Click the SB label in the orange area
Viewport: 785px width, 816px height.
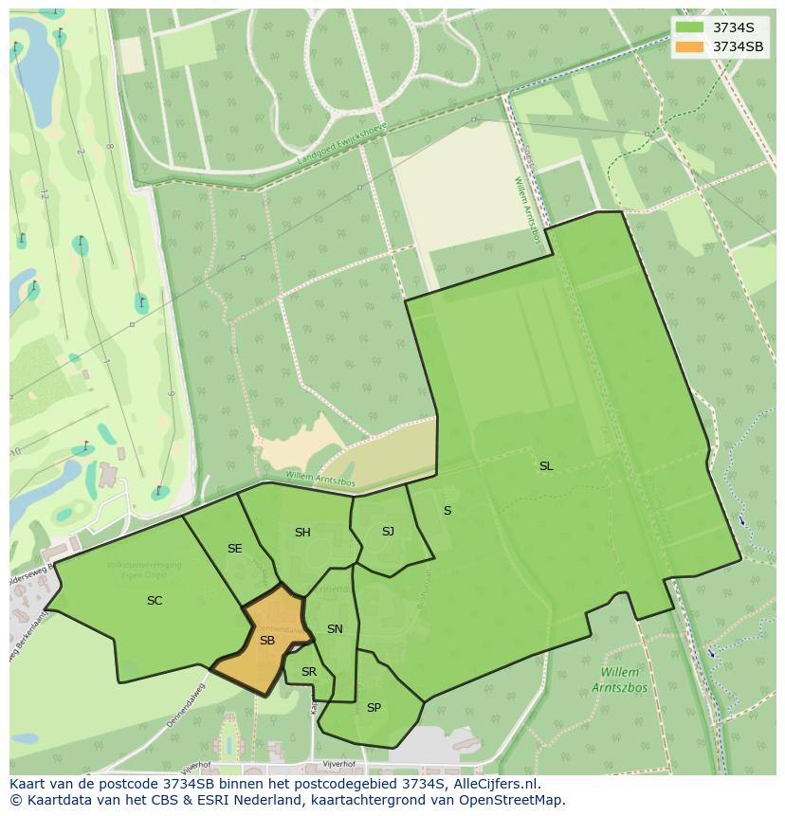267,641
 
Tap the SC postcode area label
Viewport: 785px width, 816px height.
155,600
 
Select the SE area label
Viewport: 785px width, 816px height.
234,549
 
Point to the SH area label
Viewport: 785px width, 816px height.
302,533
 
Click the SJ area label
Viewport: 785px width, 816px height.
388,532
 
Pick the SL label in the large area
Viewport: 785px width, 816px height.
546,466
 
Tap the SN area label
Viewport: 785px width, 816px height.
335,629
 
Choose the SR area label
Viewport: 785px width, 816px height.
308,672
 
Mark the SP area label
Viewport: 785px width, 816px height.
374,708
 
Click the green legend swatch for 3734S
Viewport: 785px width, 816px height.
690,27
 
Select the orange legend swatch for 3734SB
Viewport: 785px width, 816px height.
690,46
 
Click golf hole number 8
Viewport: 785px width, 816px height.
110,147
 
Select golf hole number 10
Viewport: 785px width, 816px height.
15,451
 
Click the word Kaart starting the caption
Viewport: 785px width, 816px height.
27,784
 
